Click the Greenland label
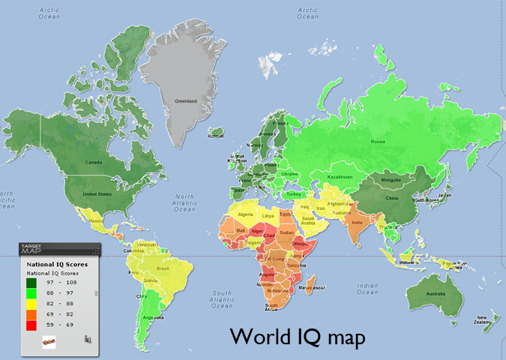point(186,100)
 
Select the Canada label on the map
point(92,161)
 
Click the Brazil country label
point(160,268)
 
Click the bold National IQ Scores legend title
point(57,264)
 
